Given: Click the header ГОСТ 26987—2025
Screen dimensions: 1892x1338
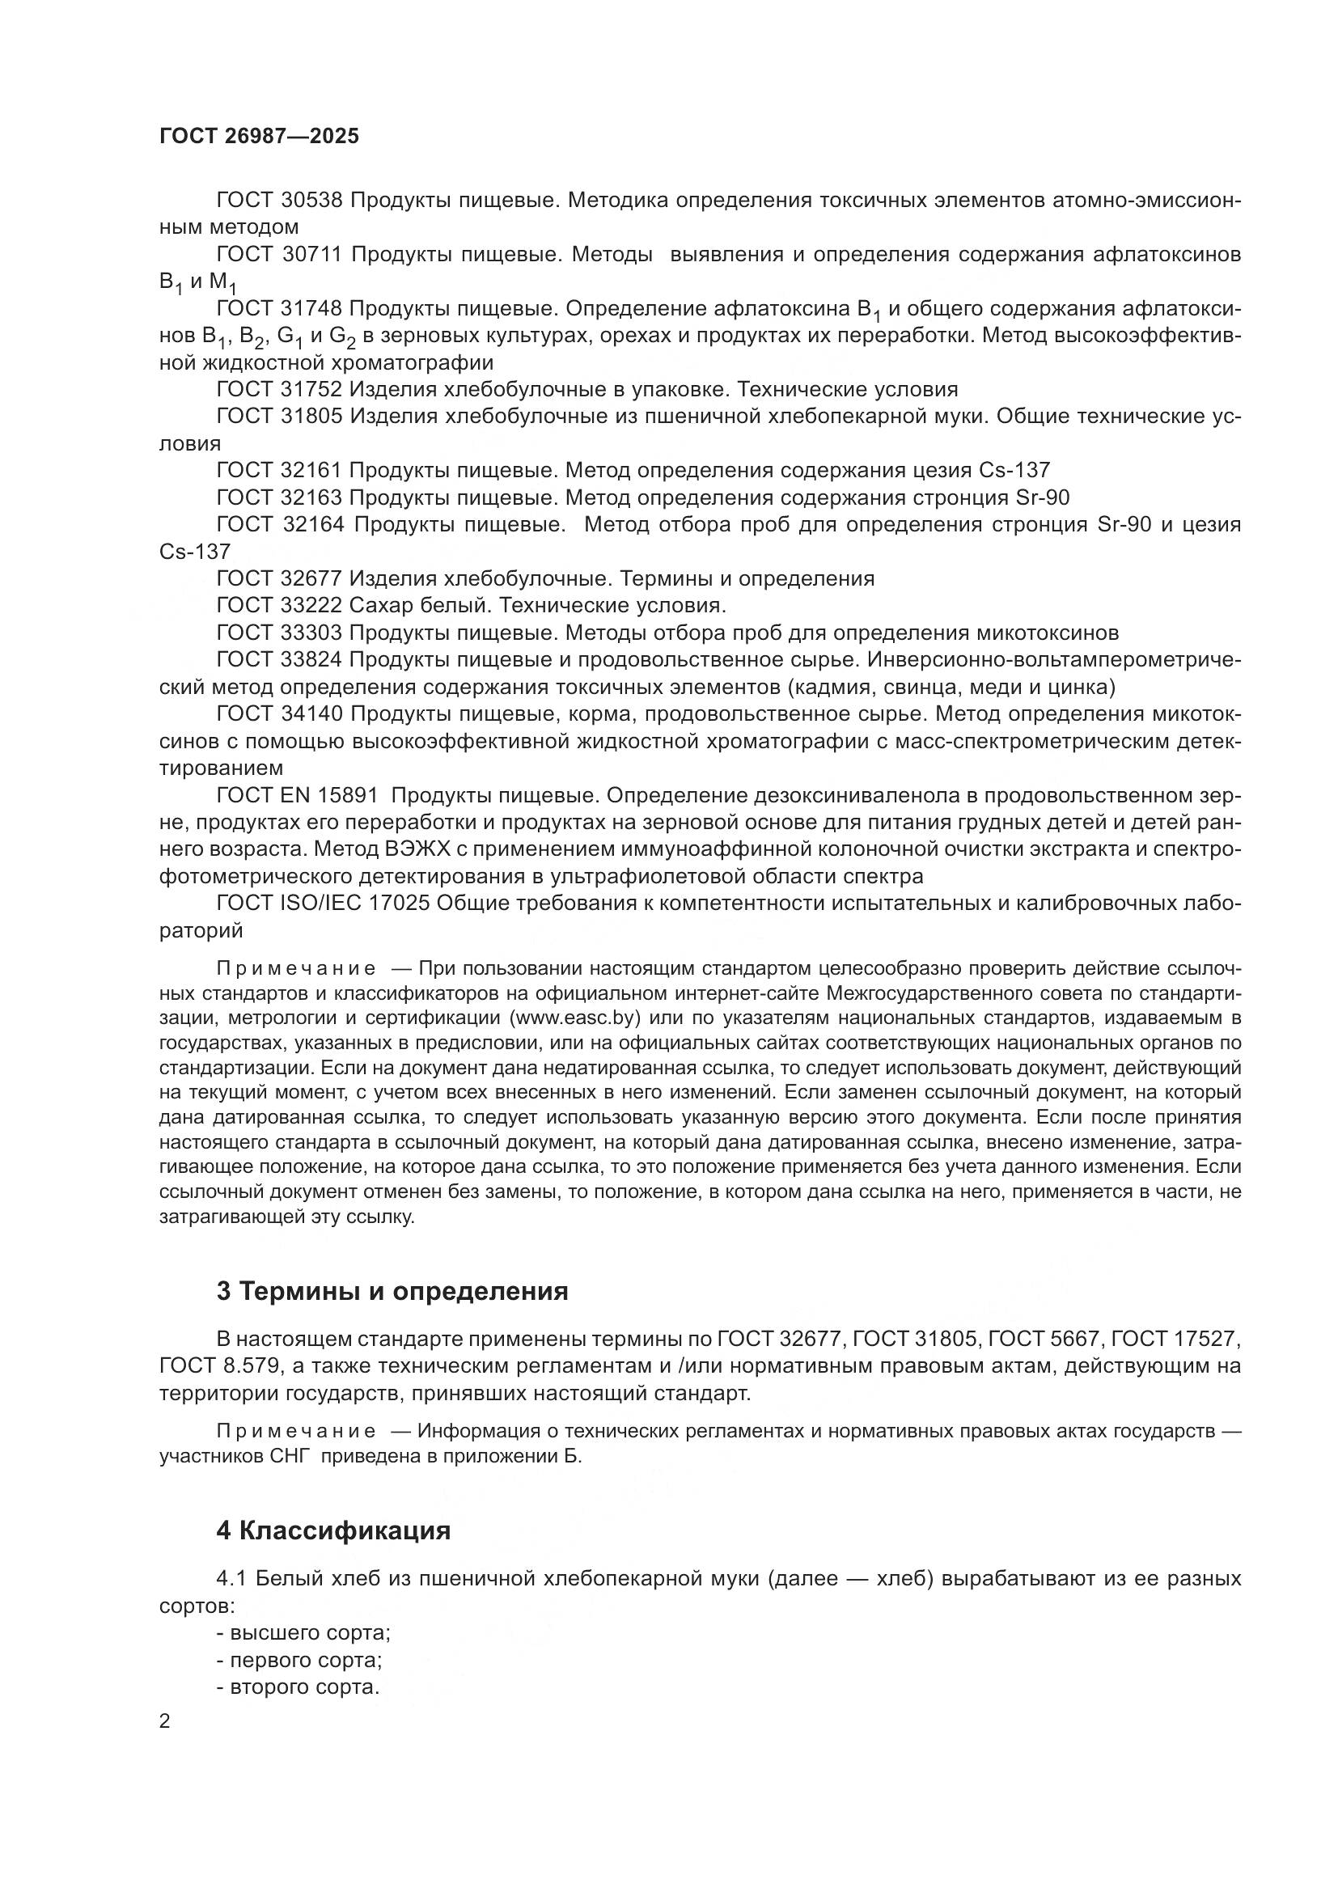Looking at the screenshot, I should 259,136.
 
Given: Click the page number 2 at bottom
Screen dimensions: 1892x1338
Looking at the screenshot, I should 165,1721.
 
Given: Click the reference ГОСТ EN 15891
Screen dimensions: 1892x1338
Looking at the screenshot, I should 297,795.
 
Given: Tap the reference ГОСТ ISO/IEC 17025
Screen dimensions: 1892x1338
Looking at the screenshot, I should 323,904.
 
